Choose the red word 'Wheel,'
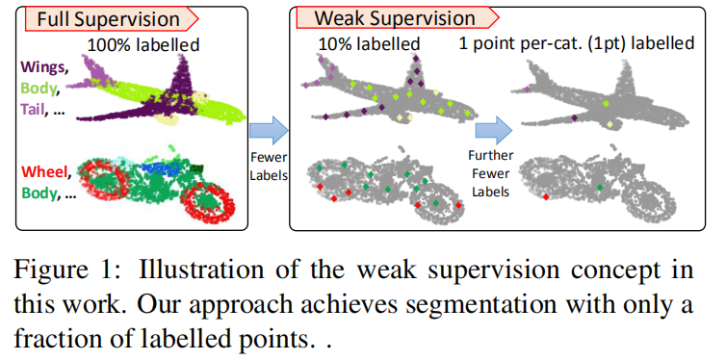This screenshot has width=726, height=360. point(42,173)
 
